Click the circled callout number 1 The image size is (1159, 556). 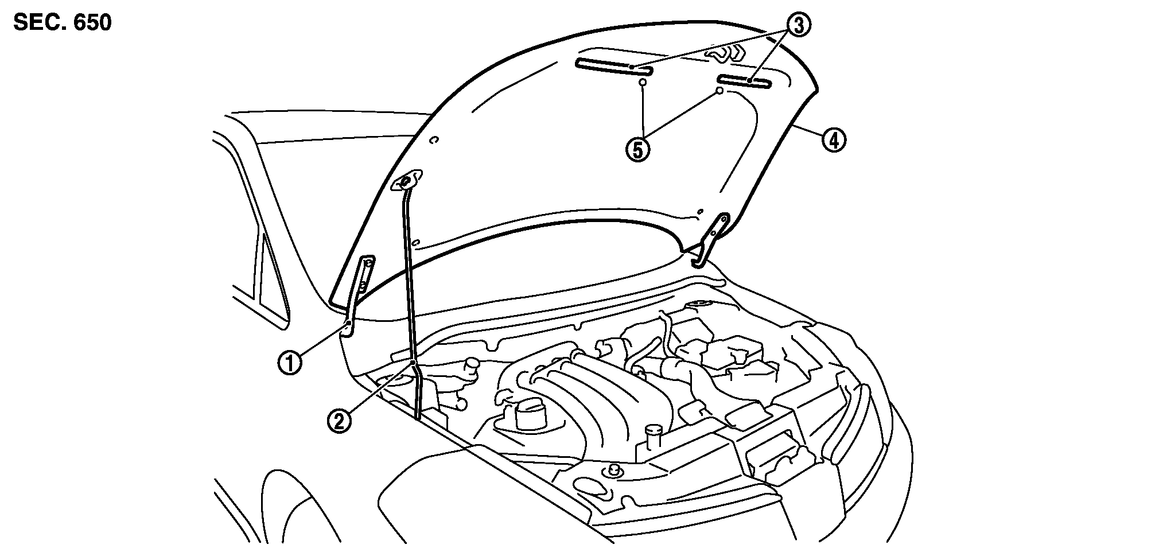pos(290,364)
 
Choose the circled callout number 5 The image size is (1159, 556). pos(638,149)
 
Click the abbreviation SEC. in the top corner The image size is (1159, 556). pos(38,23)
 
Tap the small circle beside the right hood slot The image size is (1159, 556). pos(719,91)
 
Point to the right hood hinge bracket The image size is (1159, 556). pos(711,238)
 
